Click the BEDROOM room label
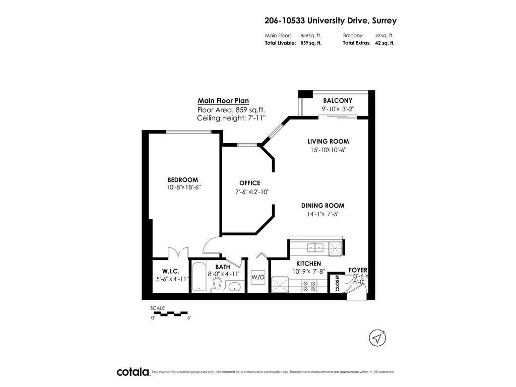point(182,180)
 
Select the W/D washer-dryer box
point(258,277)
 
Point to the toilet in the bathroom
point(217,285)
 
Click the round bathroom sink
point(234,287)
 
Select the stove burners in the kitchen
point(308,286)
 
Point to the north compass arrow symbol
point(376,338)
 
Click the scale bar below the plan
point(170,313)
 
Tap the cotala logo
point(134,372)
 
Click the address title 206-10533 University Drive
point(330,21)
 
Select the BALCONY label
point(338,101)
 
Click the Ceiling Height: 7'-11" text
point(231,118)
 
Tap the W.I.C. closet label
point(171,271)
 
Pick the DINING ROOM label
point(322,206)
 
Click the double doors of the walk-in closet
point(178,251)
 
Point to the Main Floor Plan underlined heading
point(223,101)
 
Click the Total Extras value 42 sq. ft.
point(385,43)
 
